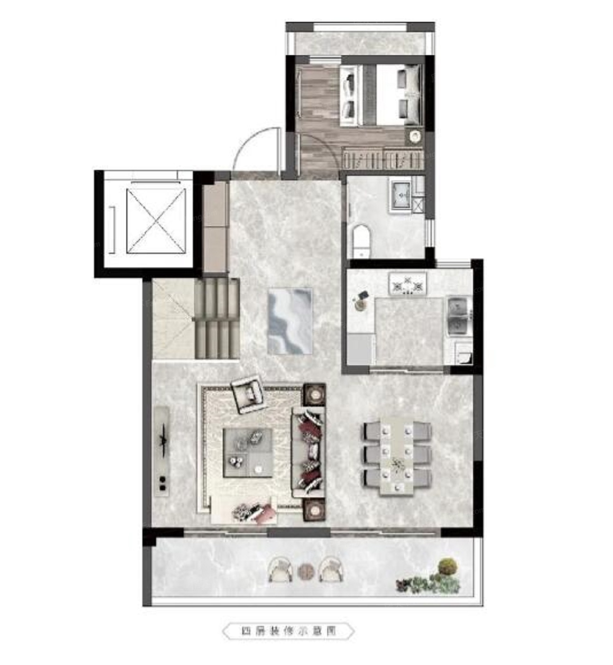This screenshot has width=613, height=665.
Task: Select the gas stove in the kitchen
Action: tap(407, 283)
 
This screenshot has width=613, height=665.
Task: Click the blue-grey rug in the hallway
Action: tap(290, 321)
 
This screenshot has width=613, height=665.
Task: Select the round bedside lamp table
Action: tap(415, 136)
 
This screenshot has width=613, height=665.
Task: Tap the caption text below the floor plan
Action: tap(288, 632)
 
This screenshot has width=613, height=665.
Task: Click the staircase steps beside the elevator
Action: tap(217, 318)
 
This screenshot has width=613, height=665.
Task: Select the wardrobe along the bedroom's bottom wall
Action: tap(383, 159)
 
